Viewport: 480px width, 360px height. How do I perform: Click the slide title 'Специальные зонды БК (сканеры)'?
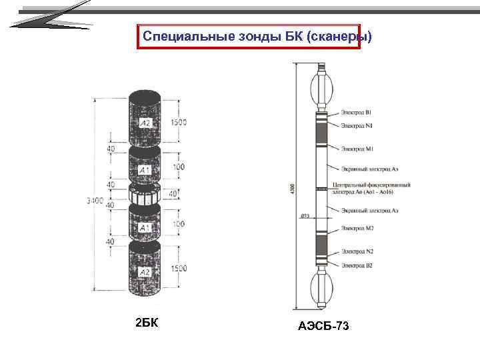tap(248, 37)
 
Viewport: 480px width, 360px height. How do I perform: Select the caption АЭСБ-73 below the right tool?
tap(324, 326)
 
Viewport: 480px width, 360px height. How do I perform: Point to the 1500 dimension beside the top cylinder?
tap(179, 123)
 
